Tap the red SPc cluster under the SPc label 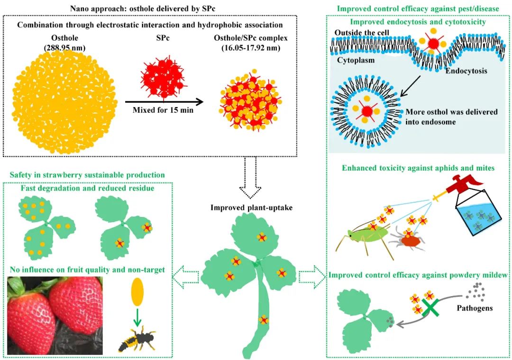(x=162, y=78)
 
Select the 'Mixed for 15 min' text (x=163, y=110)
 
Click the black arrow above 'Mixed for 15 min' (x=164, y=102)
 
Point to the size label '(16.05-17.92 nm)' (x=251, y=48)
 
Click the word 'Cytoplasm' (x=356, y=60)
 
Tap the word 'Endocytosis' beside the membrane (x=466, y=71)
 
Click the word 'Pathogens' (x=475, y=308)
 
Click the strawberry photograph (x=55, y=315)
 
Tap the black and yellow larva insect (x=137, y=341)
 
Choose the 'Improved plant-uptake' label (x=251, y=207)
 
